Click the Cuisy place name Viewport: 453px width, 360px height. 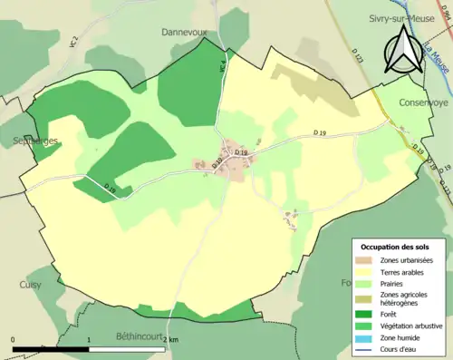click(x=30, y=284)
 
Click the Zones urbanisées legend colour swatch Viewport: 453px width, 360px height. click(x=367, y=261)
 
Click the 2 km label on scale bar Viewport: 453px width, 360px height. click(x=172, y=340)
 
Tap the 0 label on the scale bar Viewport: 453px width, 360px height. click(x=14, y=340)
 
